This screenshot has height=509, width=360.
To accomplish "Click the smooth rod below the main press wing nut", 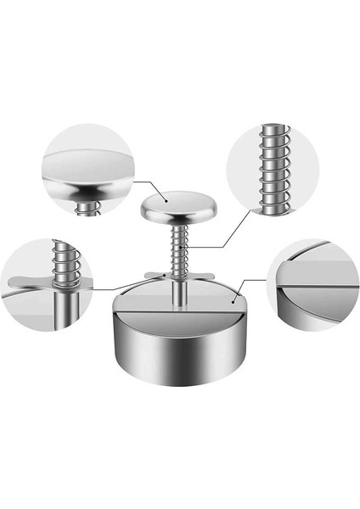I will point(181,294).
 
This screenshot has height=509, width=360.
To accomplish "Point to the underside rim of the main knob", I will point(178,215).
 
